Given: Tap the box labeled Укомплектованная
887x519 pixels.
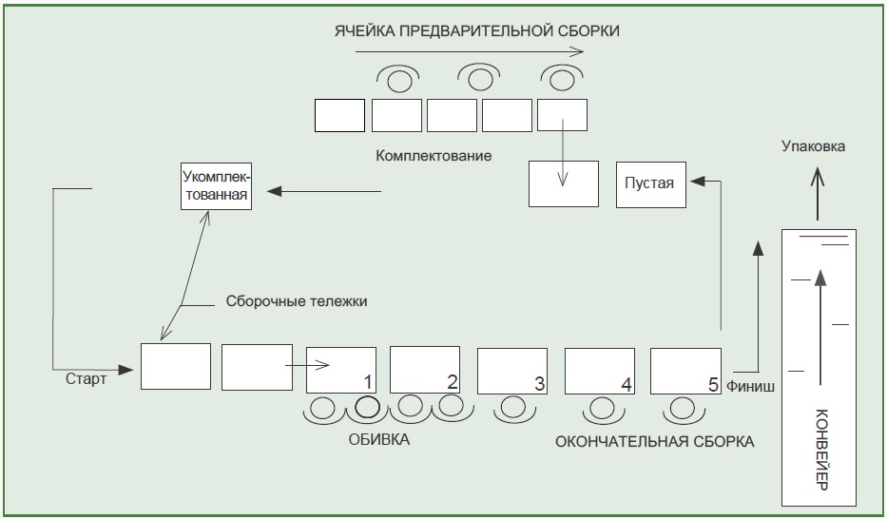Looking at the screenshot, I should coord(215,187).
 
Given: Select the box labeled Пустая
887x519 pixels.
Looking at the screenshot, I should coord(649,184).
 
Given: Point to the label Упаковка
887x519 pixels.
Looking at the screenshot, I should coord(813,146).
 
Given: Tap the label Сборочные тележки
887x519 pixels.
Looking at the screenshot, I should coord(297,300).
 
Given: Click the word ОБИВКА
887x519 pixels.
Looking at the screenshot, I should coord(379,440).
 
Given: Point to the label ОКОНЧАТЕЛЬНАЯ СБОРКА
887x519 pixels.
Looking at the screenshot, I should coord(654,441).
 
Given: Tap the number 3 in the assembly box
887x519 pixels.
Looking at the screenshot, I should coord(539,383).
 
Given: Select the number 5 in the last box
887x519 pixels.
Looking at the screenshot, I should coord(713,384).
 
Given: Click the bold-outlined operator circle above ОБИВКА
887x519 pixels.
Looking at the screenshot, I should coord(366,409).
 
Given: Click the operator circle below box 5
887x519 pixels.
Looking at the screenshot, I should coord(681,410).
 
